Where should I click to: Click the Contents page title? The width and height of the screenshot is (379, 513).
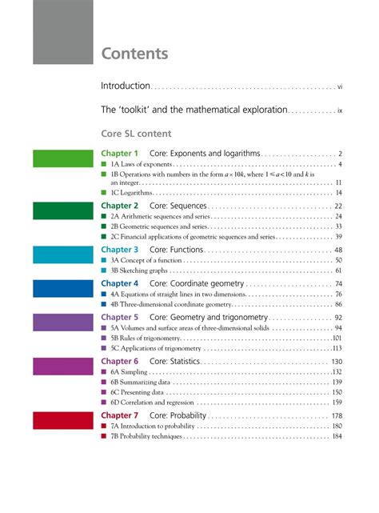(x=134, y=54)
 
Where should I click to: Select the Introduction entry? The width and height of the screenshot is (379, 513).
(x=126, y=86)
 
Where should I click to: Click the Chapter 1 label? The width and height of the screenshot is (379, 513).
(x=120, y=153)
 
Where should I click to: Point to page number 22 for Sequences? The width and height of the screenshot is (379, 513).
(x=338, y=206)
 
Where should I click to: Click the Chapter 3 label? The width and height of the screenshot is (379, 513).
(x=120, y=250)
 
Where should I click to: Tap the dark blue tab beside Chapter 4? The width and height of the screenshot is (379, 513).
(x=63, y=287)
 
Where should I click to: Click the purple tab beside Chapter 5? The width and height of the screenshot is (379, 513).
(x=63, y=321)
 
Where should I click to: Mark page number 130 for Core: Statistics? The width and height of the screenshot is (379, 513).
(x=337, y=362)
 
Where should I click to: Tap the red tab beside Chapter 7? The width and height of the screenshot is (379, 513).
(x=63, y=420)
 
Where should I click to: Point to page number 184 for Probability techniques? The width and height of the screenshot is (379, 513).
(x=337, y=436)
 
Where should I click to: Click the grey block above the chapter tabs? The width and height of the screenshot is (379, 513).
(x=63, y=32)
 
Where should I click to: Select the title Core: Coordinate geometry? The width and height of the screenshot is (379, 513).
(x=196, y=283)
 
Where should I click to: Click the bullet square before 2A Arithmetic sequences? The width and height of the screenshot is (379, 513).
(x=103, y=217)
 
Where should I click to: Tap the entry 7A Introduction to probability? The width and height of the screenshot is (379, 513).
(x=153, y=427)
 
